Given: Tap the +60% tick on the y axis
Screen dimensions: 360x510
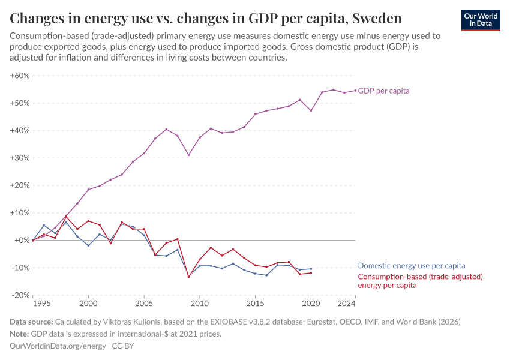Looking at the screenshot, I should pos(20,76).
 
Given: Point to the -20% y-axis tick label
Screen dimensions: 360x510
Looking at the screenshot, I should pos(20,295).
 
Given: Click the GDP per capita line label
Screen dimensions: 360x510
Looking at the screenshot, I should pos(384,91).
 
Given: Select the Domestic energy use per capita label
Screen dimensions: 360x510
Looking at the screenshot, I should pos(412,265).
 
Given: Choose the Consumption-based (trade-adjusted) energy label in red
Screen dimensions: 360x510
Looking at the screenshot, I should pos(420,281).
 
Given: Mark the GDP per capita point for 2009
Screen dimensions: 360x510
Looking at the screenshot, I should pos(188,155).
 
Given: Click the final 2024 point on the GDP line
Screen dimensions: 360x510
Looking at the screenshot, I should pos(356,91).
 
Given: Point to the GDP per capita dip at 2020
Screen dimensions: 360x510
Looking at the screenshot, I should pos(311,110).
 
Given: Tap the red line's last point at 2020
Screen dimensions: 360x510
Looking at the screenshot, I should pos(311,273).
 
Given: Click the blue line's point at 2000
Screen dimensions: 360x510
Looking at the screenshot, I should pos(88,245).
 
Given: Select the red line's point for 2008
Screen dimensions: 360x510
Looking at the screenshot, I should pos(178,239).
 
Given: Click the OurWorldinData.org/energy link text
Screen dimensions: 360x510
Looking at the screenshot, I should pos(58,346).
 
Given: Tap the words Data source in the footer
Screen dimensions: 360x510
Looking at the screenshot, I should pos(31,322).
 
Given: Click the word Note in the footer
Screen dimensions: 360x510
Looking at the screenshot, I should pos(19,334).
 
